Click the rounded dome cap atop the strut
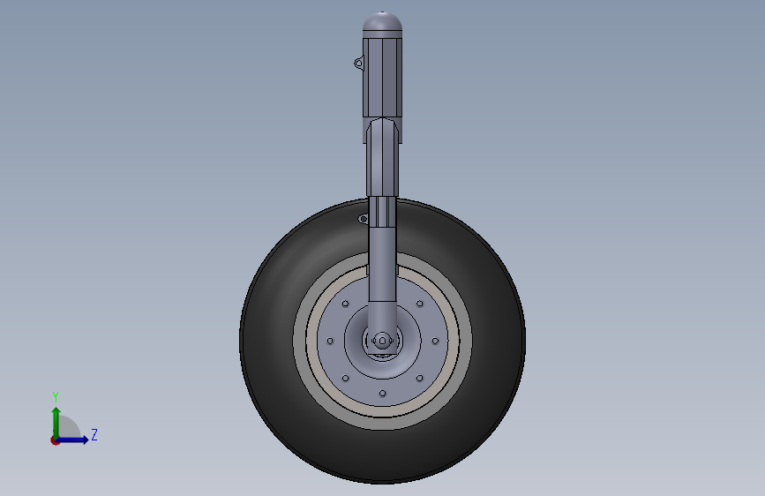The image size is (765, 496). click(383, 22)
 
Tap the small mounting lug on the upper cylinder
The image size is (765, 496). click(358, 63)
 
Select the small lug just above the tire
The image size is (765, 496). click(363, 219)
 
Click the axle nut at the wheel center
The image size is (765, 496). click(383, 341)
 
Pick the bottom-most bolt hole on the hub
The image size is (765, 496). click(383, 394)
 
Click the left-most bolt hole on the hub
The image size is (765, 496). click(330, 341)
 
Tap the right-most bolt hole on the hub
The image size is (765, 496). click(435, 341)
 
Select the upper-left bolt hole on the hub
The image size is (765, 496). click(345, 304)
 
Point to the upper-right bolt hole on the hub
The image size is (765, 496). click(420, 304)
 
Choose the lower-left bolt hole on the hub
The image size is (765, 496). click(345, 378)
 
